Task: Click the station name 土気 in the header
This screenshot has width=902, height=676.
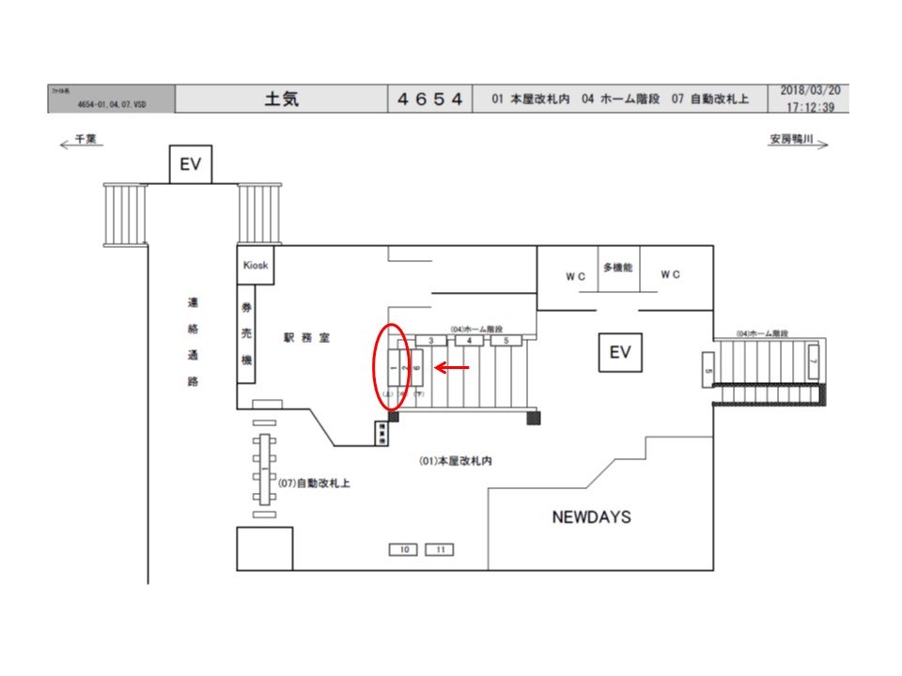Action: pos(282,99)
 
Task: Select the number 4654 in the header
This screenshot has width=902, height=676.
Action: pos(429,99)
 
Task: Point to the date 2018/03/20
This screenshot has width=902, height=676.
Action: pos(810,90)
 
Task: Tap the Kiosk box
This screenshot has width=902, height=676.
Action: pos(255,266)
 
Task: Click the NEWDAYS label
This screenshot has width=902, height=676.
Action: pos(591,517)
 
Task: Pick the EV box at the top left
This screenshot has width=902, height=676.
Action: pos(191,165)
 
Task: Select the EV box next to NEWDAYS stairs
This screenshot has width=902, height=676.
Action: pos(619,353)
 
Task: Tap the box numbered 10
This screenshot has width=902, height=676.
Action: pos(404,549)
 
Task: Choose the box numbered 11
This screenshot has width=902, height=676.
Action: pos(440,549)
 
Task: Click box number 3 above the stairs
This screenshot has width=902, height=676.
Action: pos(430,340)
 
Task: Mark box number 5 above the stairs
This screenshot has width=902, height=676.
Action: pos(505,340)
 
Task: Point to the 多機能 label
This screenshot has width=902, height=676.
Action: pos(617,268)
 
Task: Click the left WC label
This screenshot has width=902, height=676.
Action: pos(575,275)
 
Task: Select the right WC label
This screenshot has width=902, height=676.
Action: pos(670,275)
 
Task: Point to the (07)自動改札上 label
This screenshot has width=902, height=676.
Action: pos(315,483)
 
